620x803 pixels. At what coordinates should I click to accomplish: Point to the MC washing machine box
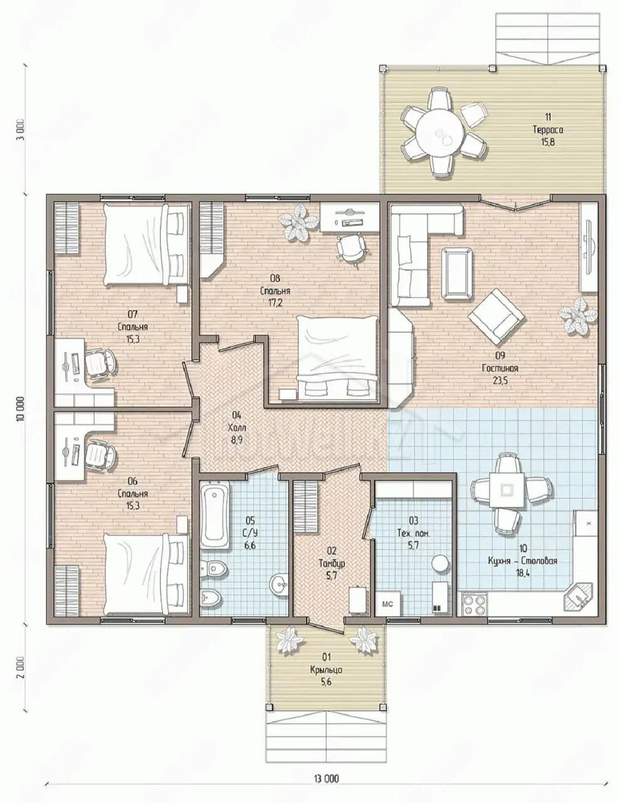pos(387,604)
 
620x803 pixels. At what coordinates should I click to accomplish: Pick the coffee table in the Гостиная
pos(456,273)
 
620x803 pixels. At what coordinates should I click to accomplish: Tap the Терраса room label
pos(548,130)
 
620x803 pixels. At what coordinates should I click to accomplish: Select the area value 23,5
pos(500,381)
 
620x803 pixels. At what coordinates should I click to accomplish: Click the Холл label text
pos(237,428)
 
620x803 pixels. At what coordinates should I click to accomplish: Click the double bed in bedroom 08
pos(338,358)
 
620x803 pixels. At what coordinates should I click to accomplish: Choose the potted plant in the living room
pos(577,317)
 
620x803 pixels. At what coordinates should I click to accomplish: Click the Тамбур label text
pos(332,563)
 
